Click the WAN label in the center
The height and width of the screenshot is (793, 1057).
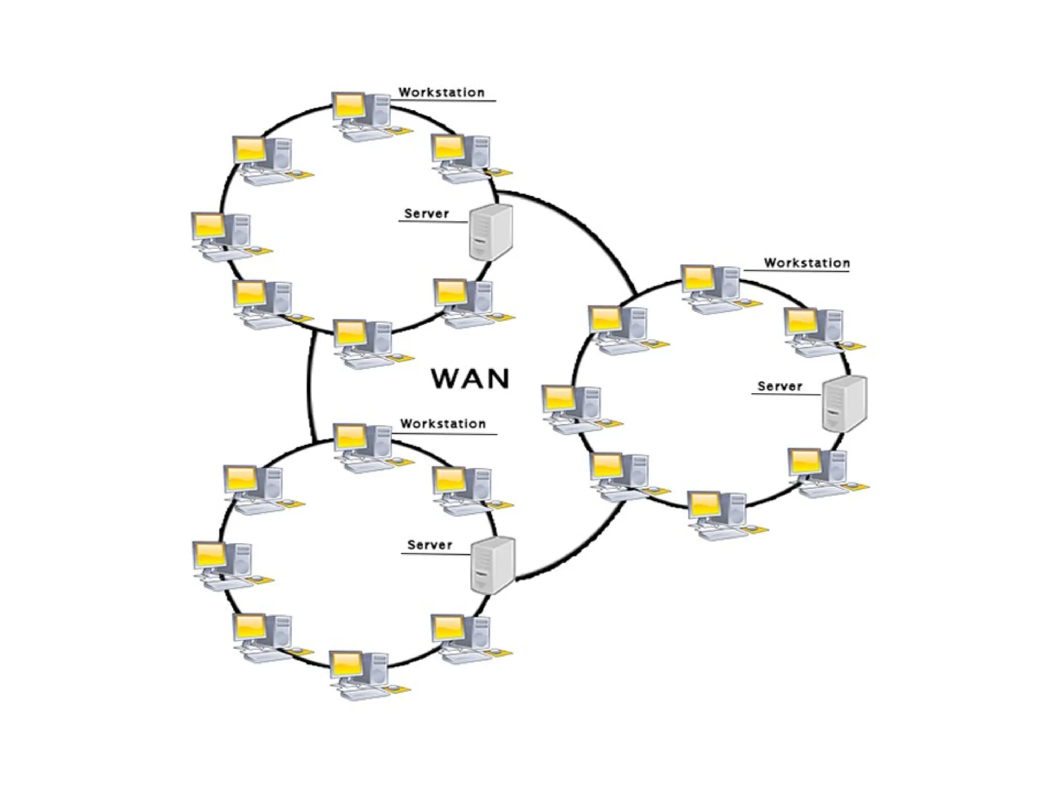coord(470,378)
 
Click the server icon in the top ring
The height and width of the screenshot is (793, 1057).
coord(490,232)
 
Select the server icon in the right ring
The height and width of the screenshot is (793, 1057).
coord(844,404)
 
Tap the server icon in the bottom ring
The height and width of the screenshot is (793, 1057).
coord(493,565)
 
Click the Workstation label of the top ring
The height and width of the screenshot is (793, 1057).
coord(442,93)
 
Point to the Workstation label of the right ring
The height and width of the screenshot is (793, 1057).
coord(807,263)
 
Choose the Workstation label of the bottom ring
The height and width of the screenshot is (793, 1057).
coord(443,424)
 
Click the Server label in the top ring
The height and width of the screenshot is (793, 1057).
coord(426,214)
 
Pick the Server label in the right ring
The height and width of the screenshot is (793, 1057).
coord(780,386)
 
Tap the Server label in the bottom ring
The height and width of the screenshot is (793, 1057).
coord(429,545)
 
